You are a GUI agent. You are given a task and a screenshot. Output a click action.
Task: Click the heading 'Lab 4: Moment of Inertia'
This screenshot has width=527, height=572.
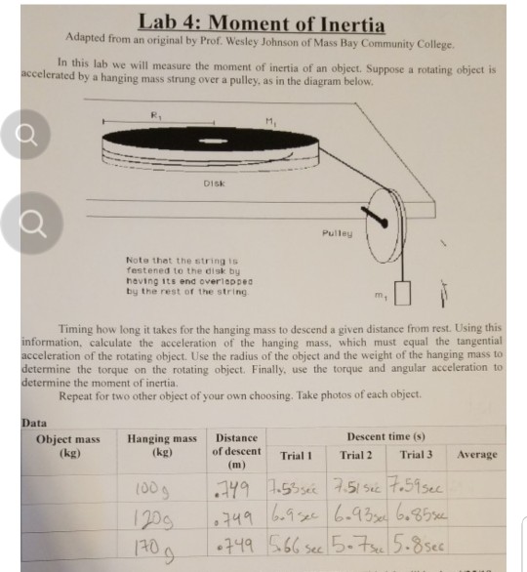262,22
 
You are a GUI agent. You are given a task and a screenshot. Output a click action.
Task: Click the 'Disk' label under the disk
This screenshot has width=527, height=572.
214,183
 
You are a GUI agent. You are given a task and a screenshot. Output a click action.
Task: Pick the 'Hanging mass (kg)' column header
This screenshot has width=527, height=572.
162,447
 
